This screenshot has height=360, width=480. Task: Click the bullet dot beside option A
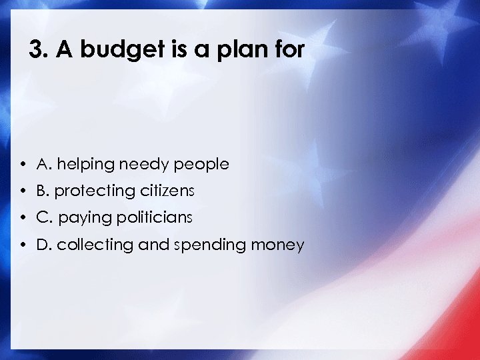23,164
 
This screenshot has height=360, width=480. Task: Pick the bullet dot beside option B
23,191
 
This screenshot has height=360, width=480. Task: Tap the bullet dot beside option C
23,218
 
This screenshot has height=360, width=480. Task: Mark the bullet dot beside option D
23,245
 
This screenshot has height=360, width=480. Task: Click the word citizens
167,191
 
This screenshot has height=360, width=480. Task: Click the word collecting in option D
95,245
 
